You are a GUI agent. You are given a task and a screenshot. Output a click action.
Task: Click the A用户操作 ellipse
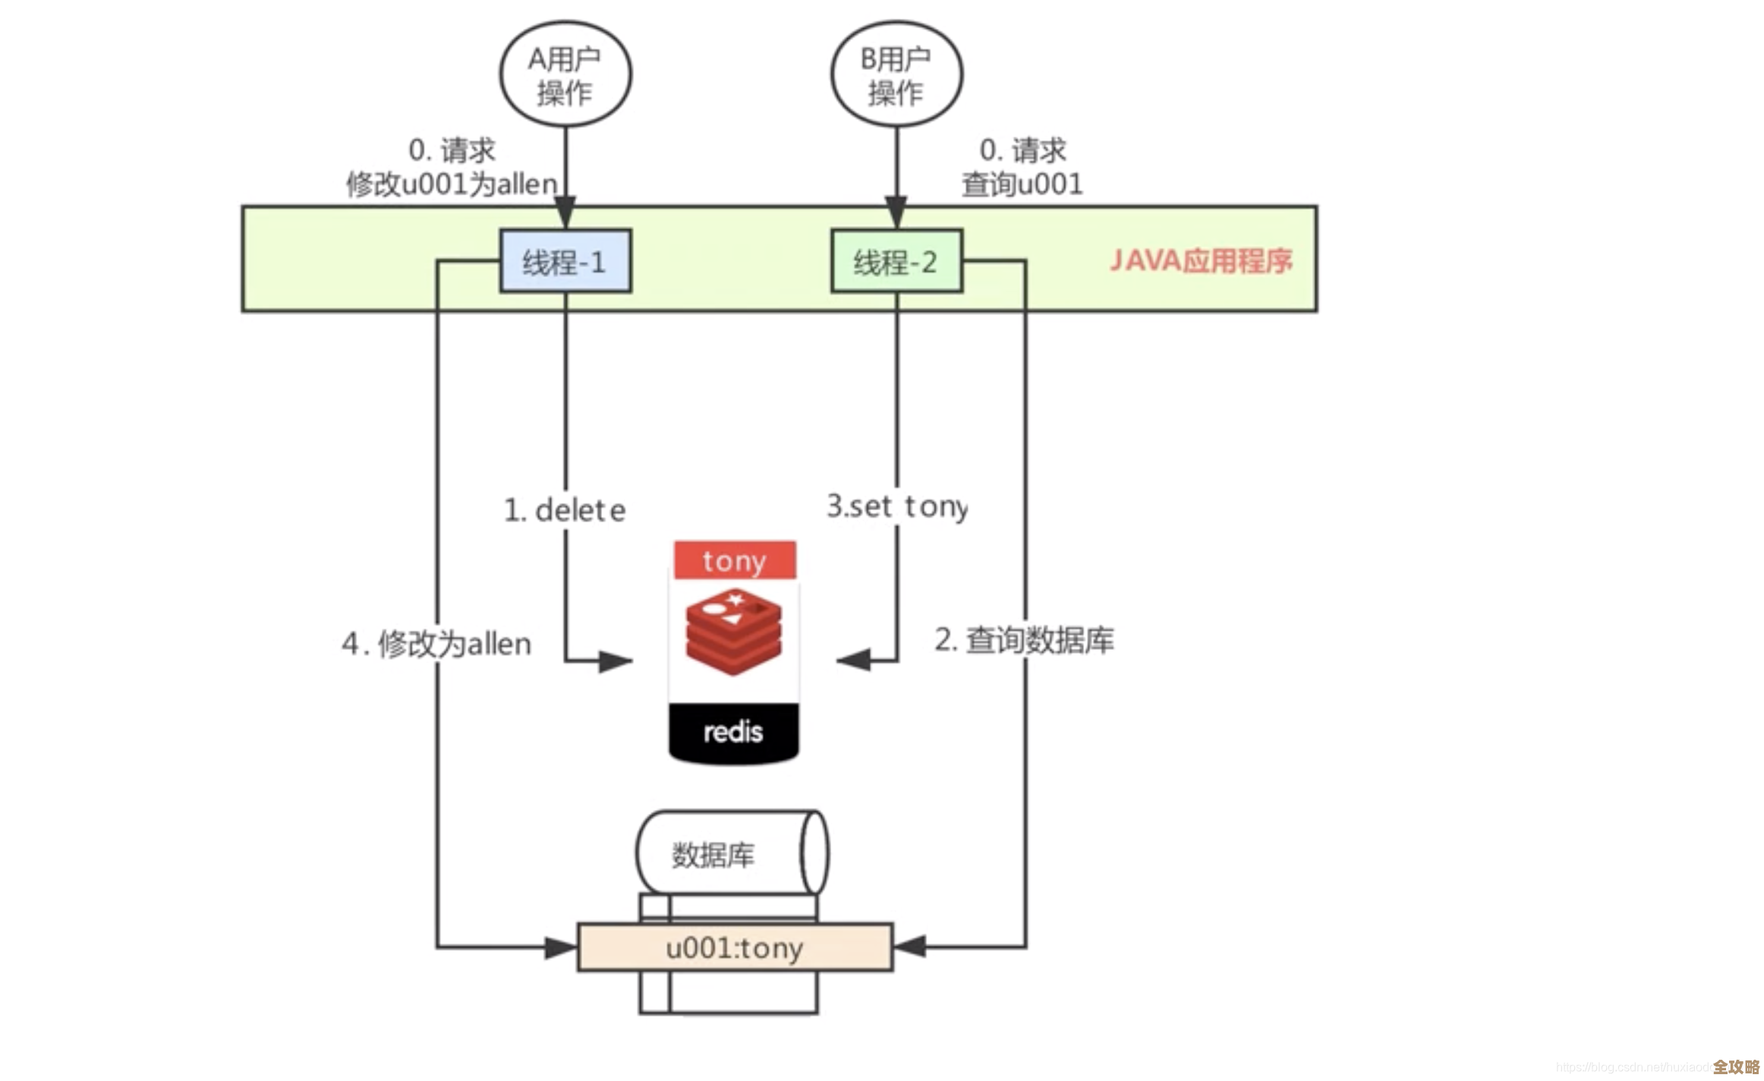pyautogui.click(x=565, y=74)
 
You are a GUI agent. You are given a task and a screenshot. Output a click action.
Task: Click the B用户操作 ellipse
pyautogui.click(x=896, y=74)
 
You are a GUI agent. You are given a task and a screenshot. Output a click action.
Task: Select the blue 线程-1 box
pyautogui.click(x=565, y=261)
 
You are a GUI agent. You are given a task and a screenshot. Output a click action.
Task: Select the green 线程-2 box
pyautogui.click(x=896, y=261)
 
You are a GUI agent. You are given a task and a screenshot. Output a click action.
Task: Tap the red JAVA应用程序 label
pyautogui.click(x=1200, y=261)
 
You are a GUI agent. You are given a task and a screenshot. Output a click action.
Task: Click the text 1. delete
pyautogui.click(x=565, y=510)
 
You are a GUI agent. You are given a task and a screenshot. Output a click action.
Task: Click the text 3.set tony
pyautogui.click(x=896, y=506)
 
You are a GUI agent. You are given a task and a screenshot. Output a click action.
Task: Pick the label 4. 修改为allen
pyautogui.click(x=436, y=644)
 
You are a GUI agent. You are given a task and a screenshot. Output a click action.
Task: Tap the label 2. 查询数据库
pyautogui.click(x=1024, y=640)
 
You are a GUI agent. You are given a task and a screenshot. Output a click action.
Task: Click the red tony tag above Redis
pyautogui.click(x=734, y=561)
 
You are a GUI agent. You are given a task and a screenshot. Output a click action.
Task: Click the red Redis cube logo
pyautogui.click(x=733, y=635)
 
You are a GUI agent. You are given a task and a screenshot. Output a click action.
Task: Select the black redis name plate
pyautogui.click(x=733, y=732)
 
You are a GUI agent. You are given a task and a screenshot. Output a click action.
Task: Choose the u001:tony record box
pyautogui.click(x=735, y=947)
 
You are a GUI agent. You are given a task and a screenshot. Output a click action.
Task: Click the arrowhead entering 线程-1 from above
pyautogui.click(x=565, y=212)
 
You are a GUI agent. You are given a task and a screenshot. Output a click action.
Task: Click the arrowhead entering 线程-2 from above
pyautogui.click(x=896, y=212)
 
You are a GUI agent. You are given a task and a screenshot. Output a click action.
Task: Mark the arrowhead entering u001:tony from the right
pyautogui.click(x=910, y=947)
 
